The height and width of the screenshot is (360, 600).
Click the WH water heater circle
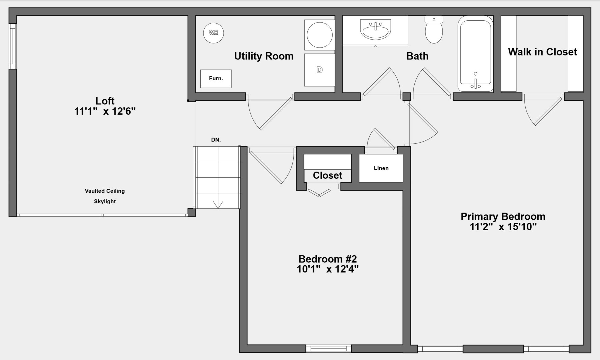[213, 33]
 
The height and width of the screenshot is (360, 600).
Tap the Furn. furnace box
[216, 79]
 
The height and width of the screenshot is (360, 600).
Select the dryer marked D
[319, 70]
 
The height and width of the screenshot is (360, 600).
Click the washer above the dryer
[319, 35]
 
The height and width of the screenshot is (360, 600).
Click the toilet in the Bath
[434, 29]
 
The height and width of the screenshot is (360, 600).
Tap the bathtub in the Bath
[475, 53]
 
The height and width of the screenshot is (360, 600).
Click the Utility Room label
[264, 56]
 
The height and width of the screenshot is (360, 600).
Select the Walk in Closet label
[542, 52]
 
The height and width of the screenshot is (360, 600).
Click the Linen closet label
[381, 168]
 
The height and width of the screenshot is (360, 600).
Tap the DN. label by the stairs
[216, 140]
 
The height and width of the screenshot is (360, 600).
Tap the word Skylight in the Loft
[105, 201]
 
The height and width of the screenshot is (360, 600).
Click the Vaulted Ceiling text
[105, 191]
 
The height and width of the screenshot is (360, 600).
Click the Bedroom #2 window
[328, 349]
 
